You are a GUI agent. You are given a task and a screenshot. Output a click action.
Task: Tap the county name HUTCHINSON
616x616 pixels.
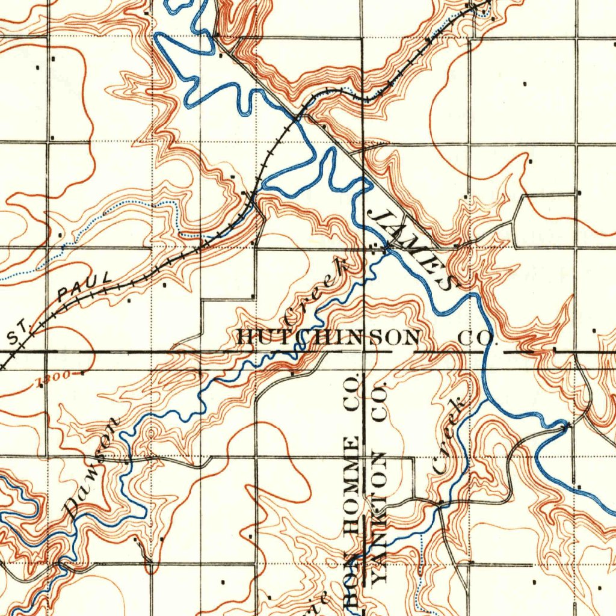pos(328,337)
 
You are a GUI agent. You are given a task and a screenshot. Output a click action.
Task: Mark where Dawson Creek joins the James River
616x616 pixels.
pos(386,248)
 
